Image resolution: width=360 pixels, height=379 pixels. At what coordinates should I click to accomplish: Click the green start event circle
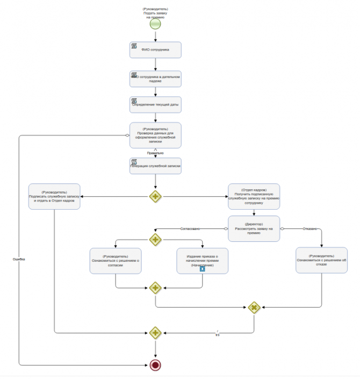pos(155,24)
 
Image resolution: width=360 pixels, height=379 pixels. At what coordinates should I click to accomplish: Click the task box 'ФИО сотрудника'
pos(155,49)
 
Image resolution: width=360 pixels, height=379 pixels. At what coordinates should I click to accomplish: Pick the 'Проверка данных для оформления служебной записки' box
pos(155,135)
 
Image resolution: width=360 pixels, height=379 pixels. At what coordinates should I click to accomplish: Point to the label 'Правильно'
pos(155,153)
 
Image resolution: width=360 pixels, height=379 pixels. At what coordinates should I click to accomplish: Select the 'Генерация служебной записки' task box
pos(155,166)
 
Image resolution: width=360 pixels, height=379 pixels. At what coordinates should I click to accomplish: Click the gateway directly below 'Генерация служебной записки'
pos(155,197)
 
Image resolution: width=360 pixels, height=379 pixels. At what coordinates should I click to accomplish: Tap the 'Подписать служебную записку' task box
pos(54,196)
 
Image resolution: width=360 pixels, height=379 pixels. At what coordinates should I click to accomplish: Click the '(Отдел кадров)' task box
pos(254,197)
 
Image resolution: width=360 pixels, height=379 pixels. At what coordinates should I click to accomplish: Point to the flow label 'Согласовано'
pos(191,228)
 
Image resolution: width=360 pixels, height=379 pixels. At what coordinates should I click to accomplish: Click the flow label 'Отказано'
pos(311,228)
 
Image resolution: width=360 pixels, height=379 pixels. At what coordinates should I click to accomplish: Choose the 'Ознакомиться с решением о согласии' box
pos(116,261)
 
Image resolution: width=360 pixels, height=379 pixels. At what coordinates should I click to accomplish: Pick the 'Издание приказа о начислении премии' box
pos(202,261)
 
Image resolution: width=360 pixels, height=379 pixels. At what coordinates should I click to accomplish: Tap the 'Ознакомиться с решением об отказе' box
pos(321,261)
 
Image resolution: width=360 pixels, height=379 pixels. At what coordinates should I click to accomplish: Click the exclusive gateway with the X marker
pos(254,308)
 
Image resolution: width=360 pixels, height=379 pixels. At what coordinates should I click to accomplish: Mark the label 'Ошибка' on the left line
pos(19,259)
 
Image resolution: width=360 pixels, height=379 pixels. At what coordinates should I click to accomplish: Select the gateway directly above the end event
pos(155,333)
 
